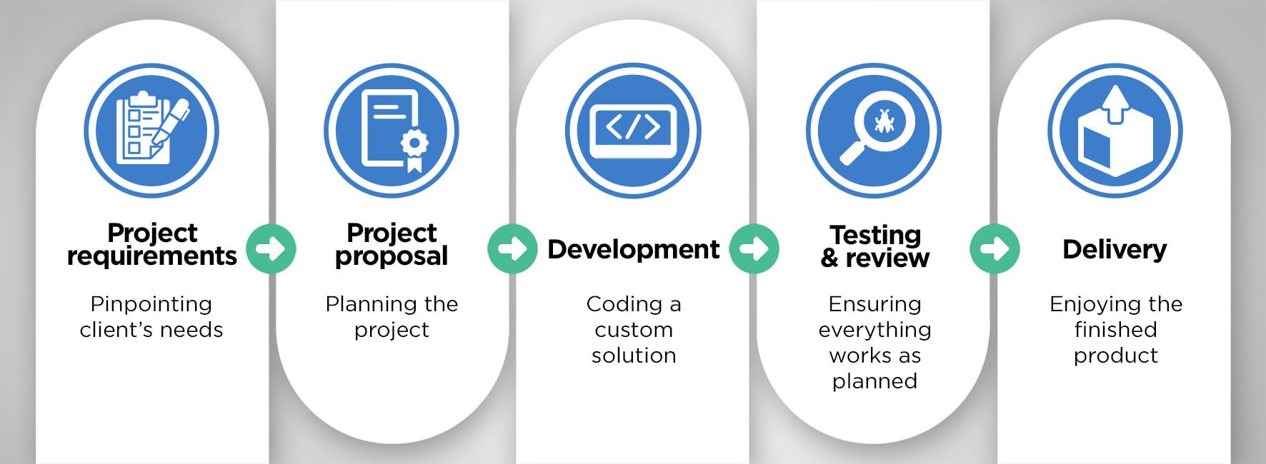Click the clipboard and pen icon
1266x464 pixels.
(151, 131)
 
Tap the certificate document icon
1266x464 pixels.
(392, 131)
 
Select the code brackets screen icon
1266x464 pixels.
(633, 131)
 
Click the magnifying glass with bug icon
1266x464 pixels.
(874, 131)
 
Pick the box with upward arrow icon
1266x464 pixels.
(1115, 131)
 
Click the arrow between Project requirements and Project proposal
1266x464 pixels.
(271, 248)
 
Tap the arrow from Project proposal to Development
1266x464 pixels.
(512, 248)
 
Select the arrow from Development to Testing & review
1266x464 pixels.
(754, 248)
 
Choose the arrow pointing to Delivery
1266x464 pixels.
(995, 248)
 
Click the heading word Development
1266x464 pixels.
(634, 250)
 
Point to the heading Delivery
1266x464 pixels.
(1115, 250)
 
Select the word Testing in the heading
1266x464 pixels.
(875, 235)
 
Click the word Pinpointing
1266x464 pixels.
(151, 305)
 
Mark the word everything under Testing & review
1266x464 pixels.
(875, 331)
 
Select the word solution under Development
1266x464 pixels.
(634, 355)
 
